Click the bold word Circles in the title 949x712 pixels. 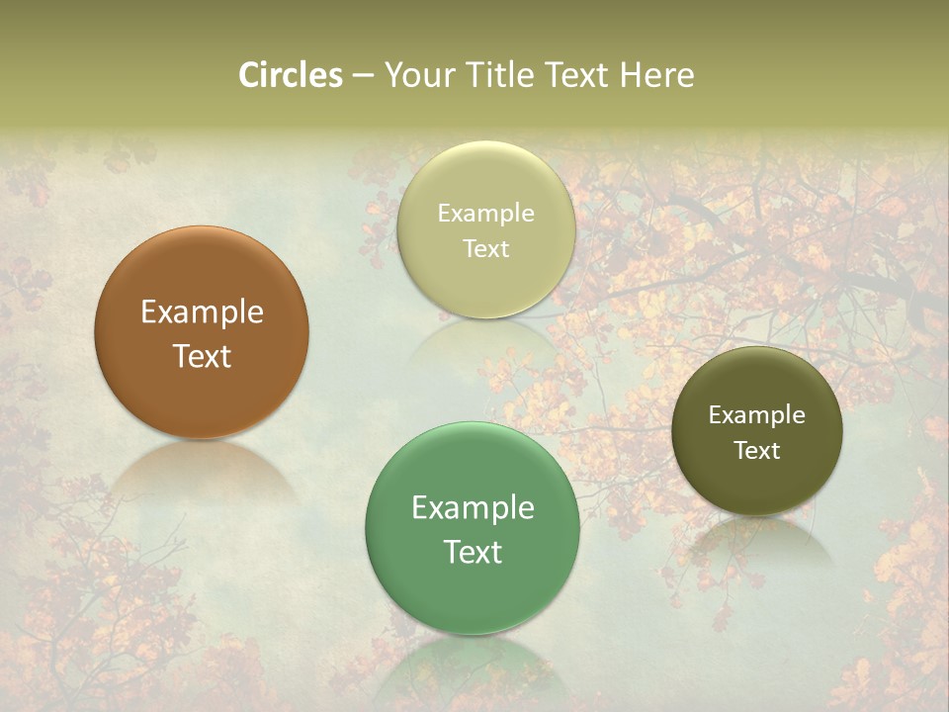pos(290,75)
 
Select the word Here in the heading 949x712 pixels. pos(656,75)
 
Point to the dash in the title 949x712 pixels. pos(363,76)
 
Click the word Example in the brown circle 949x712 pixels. pos(202,312)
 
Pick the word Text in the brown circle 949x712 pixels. pos(202,356)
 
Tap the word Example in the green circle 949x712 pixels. pos(473,508)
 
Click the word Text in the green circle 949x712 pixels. pos(473,552)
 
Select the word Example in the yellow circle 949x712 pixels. pos(486,214)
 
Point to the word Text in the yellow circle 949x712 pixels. pos(486,249)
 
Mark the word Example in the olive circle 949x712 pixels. pos(757,415)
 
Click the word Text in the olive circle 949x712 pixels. pos(757,451)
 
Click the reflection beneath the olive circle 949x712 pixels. pos(757,539)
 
